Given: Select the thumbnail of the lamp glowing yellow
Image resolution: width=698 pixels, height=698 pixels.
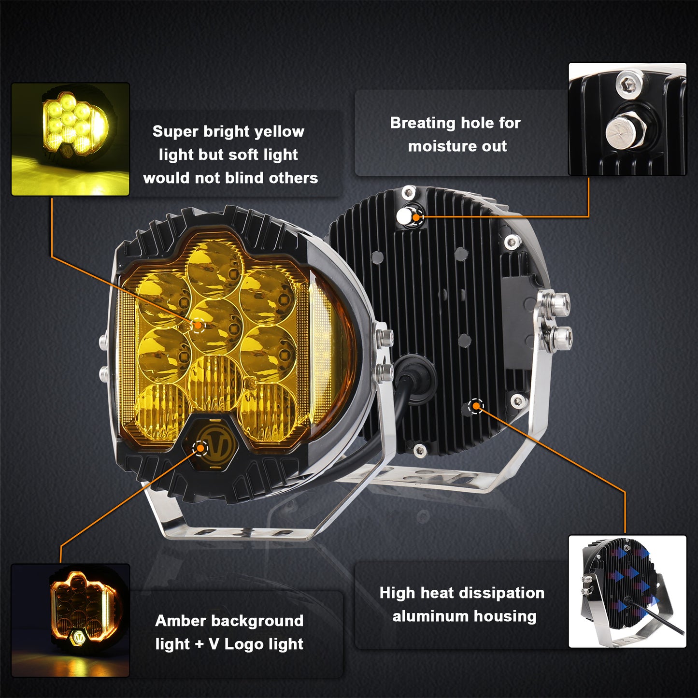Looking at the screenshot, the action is [70, 139].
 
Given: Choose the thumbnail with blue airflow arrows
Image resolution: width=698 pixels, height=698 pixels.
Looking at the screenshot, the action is [627, 591].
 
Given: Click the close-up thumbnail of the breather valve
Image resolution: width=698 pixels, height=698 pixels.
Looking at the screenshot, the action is [627, 119].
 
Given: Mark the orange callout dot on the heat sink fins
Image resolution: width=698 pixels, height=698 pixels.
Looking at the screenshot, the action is [476, 406].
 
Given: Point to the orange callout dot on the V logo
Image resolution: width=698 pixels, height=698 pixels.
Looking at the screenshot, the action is [200, 448].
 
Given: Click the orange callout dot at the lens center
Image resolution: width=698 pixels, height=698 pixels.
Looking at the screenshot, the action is [198, 325].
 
